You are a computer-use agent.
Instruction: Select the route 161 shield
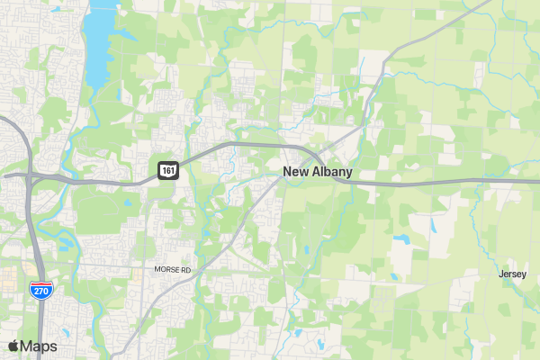point(168,169)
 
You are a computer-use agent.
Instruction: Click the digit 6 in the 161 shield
point(168,169)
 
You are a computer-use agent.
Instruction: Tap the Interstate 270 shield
point(39,290)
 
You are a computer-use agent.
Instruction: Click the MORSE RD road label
point(173,269)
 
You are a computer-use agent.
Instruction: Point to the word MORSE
point(167,269)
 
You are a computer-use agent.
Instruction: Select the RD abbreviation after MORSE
point(186,269)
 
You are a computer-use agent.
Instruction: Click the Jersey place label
point(513,274)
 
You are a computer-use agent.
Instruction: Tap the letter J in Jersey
point(501,274)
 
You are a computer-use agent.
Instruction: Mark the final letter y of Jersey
point(525,274)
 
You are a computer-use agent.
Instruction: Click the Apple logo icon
point(13,346)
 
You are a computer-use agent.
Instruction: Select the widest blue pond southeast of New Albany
point(400,239)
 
